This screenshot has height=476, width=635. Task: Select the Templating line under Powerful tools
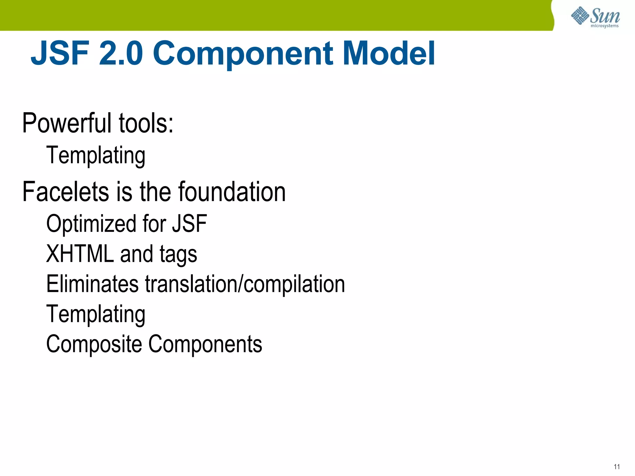(95, 155)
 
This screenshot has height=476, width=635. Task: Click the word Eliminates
(92, 284)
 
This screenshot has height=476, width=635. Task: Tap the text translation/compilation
(245, 284)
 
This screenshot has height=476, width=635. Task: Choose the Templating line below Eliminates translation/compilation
(95, 314)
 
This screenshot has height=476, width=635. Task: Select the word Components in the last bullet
(205, 344)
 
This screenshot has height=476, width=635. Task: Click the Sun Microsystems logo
(595, 17)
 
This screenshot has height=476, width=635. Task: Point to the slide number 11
(617, 466)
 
